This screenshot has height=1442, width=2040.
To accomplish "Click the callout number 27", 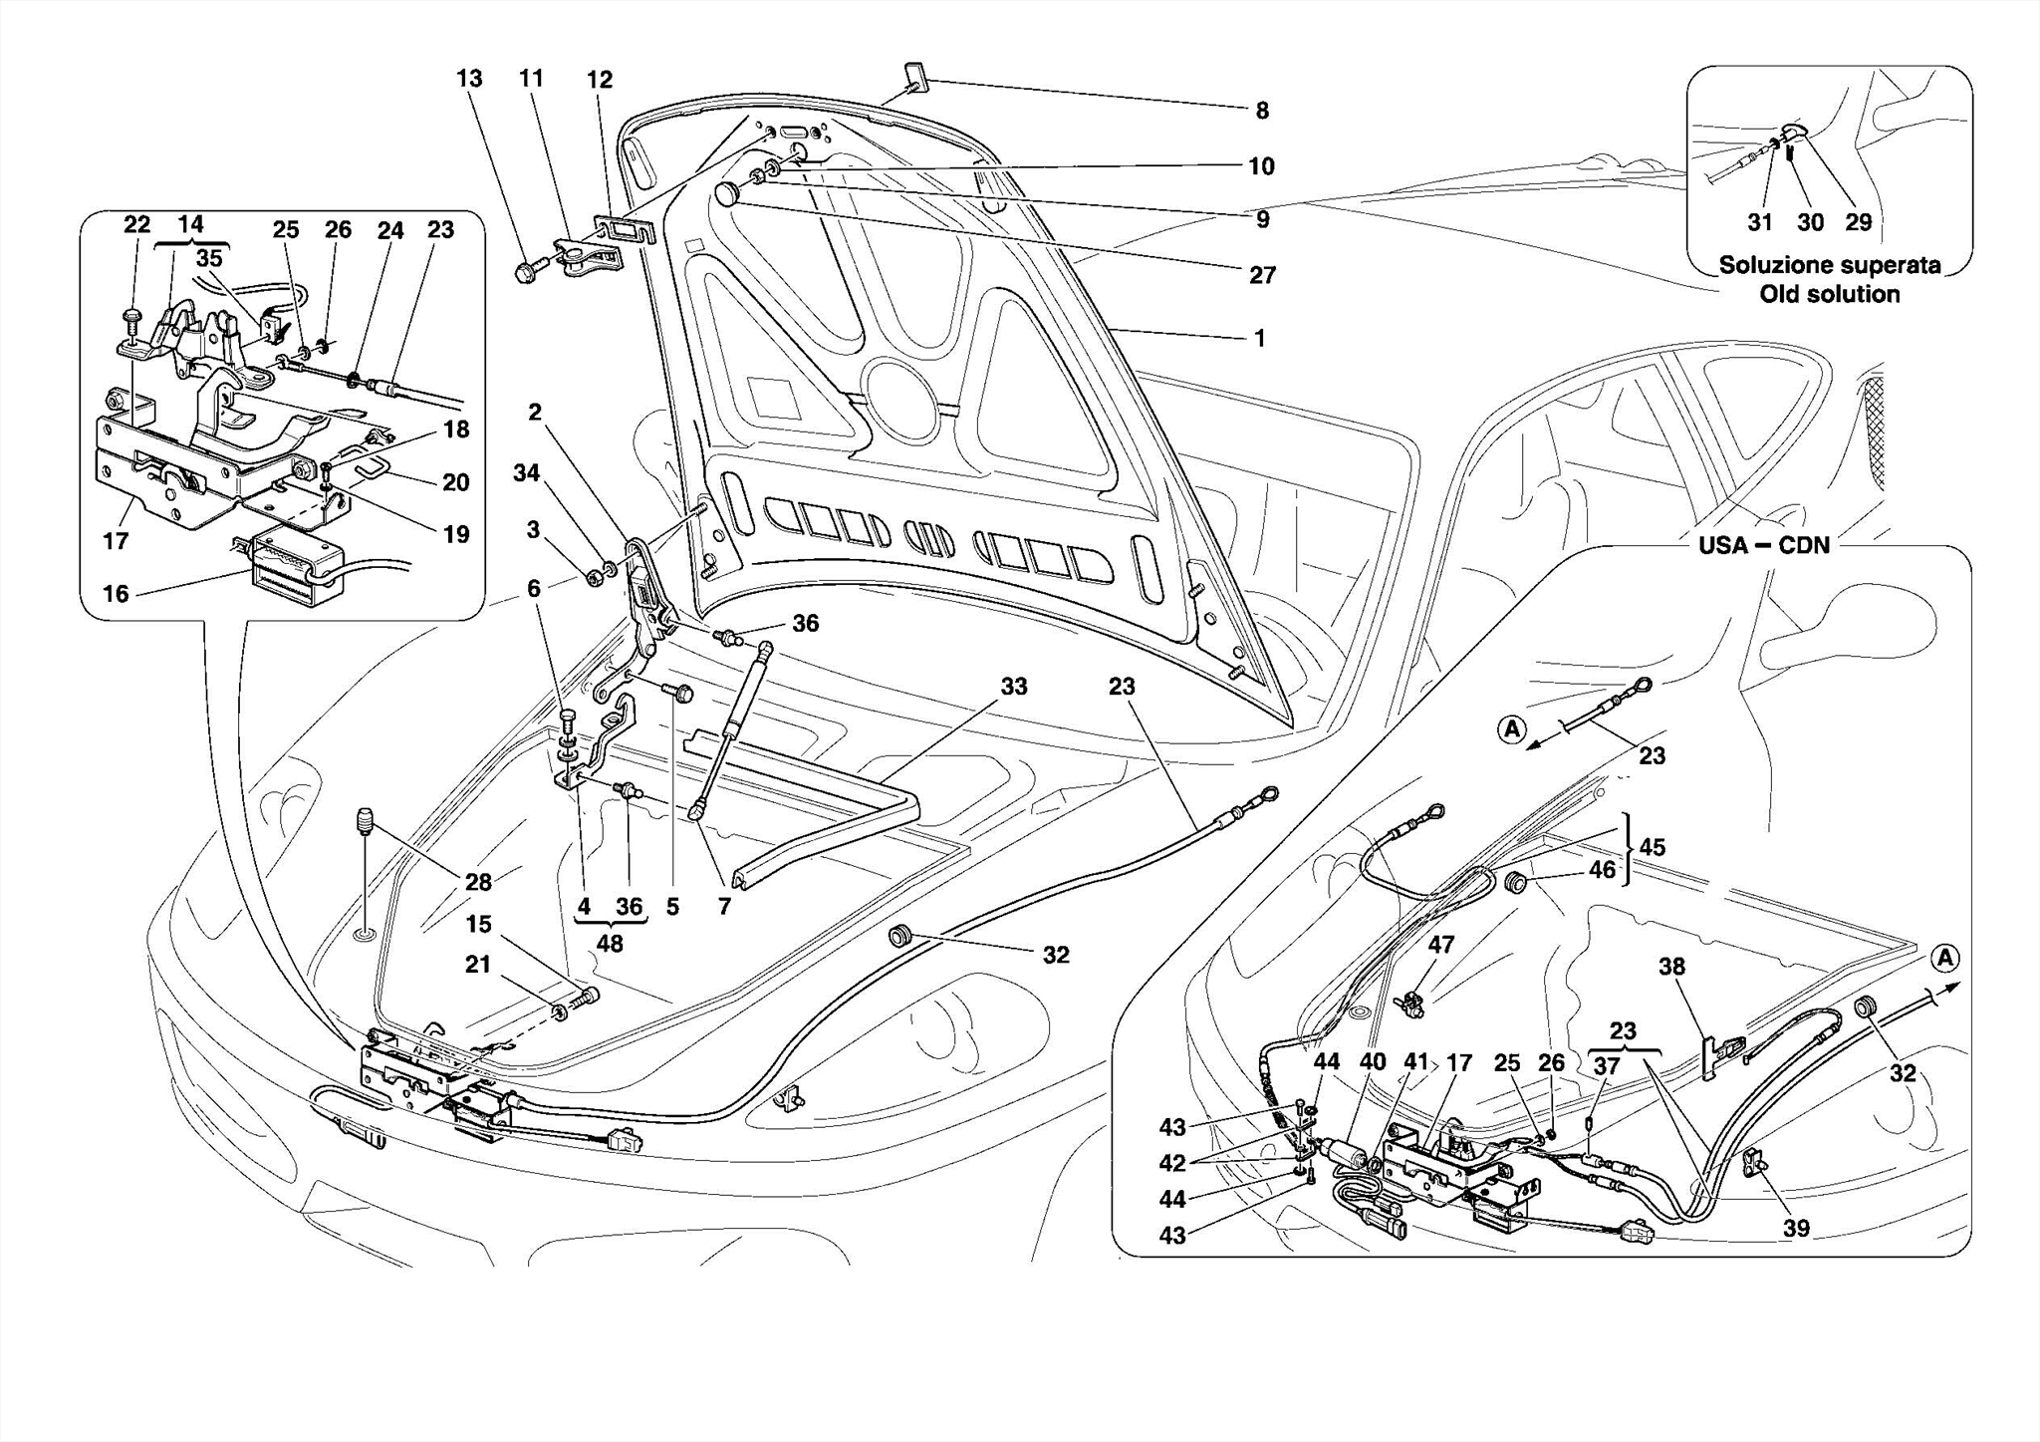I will [x=1262, y=275].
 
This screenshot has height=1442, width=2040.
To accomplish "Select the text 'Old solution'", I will [x=1829, y=294].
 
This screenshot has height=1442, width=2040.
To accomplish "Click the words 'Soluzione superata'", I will [x=1830, y=265].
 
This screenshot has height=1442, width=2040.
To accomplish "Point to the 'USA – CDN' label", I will [x=1764, y=545].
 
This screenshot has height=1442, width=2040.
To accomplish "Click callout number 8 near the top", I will [x=1262, y=111].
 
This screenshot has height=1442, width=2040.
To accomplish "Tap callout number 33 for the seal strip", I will [x=1014, y=687].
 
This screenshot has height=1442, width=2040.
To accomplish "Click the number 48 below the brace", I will [x=610, y=943].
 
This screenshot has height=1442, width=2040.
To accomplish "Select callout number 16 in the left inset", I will [x=116, y=594].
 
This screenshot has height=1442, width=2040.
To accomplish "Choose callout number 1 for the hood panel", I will [x=1259, y=339].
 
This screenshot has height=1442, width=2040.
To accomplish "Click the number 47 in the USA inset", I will [x=1440, y=944].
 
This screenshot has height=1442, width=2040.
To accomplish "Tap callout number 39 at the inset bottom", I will [x=1796, y=1228].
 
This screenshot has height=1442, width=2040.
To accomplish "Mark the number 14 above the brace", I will [x=190, y=224].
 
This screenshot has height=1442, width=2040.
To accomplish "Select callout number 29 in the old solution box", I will [x=1859, y=222].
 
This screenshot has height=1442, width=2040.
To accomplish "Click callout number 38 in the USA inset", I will [x=1671, y=966].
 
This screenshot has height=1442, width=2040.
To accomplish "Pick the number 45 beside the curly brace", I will [x=1652, y=847].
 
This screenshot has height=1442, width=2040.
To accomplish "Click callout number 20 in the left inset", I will [x=455, y=482].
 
